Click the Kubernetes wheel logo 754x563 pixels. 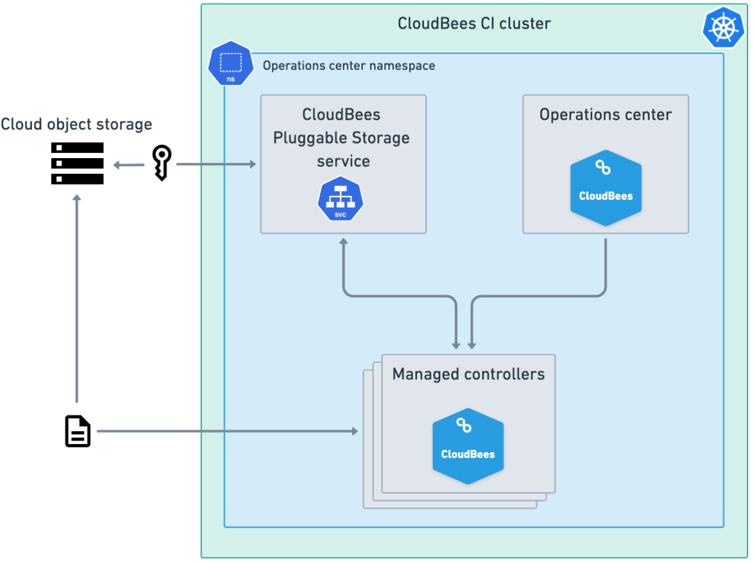(x=723, y=27)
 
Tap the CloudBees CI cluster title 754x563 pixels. (x=474, y=23)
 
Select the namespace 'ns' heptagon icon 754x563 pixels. (x=231, y=63)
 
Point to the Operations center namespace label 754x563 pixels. (x=349, y=65)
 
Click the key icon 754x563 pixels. (x=162, y=162)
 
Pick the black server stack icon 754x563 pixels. (x=78, y=163)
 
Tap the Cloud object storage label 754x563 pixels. (x=76, y=124)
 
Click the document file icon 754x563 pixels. (x=78, y=431)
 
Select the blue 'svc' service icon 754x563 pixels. (x=341, y=200)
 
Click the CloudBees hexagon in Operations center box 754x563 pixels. (x=606, y=188)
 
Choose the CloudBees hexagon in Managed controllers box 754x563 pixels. (x=468, y=446)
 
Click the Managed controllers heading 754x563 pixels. (x=468, y=374)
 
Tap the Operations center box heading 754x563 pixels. (x=605, y=114)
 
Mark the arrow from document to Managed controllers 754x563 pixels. (x=227, y=431)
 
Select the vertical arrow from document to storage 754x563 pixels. (x=76, y=298)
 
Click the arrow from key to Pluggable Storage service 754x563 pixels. (x=216, y=165)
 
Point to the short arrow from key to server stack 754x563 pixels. (x=129, y=165)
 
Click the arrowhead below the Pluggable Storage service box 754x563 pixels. (x=343, y=242)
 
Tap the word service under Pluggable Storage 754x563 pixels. (x=343, y=162)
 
